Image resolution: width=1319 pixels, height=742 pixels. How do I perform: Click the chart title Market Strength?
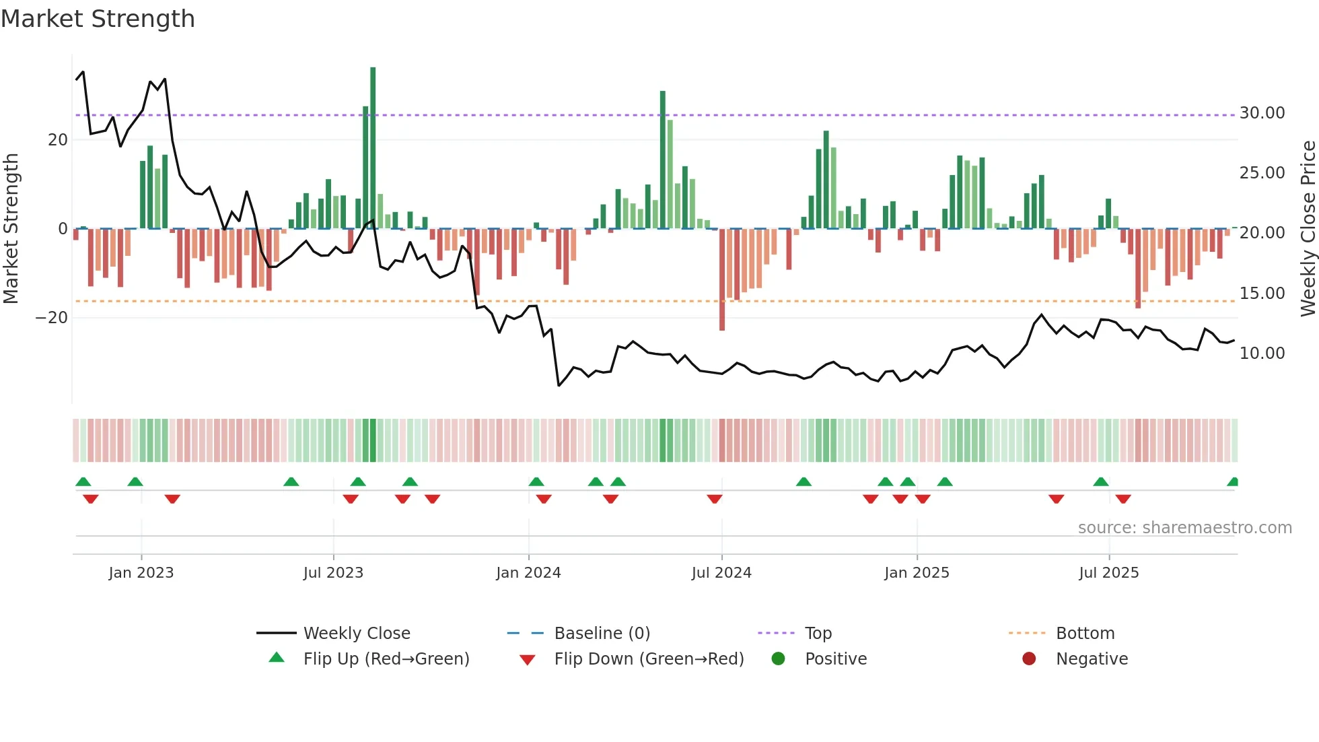[98, 19]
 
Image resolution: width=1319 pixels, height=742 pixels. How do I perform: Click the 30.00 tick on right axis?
[1262, 113]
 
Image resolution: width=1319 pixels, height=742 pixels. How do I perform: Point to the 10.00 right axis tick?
[1262, 353]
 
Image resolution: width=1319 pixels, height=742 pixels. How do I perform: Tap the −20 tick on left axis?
[52, 318]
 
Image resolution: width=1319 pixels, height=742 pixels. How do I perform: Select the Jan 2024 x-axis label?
[528, 573]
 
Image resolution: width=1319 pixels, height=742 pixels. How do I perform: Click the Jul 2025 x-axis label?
[1108, 573]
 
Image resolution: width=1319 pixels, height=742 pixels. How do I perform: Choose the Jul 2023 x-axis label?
[333, 573]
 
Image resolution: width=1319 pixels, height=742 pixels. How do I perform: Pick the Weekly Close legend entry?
[357, 634]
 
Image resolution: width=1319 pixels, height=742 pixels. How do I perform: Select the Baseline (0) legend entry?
[602, 634]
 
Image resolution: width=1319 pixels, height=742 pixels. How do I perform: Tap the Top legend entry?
[818, 634]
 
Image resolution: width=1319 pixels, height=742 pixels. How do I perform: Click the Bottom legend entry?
[1085, 634]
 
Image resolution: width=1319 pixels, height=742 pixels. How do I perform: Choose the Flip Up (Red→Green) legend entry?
[386, 659]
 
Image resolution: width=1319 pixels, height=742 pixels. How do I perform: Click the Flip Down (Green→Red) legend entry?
[649, 659]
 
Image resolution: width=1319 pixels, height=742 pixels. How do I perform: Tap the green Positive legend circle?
[779, 659]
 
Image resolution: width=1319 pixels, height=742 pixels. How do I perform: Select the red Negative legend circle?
[1029, 659]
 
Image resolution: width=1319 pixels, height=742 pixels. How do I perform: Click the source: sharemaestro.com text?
[1184, 528]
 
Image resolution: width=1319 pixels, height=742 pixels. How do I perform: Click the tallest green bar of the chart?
[373, 148]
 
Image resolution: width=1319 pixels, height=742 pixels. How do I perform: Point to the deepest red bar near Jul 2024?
[722, 279]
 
